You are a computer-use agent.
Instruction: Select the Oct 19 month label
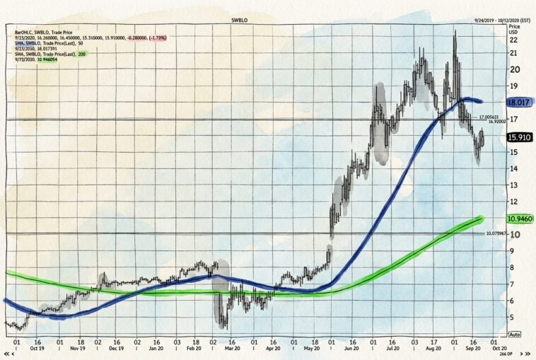pos(38,349)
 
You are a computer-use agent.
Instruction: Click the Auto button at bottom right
pos(515,334)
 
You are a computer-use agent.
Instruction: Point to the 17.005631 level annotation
pos(492,117)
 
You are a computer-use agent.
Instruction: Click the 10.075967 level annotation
pos(498,233)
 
